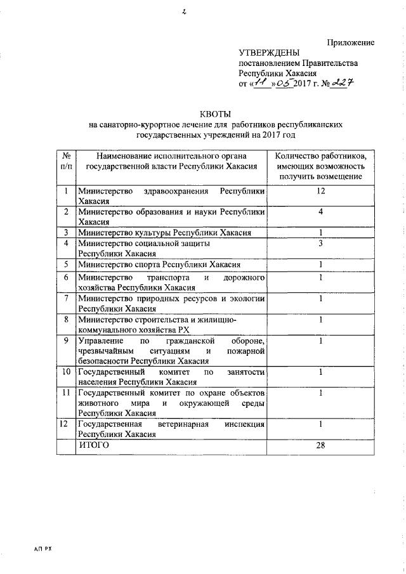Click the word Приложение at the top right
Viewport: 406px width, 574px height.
[x=350, y=42]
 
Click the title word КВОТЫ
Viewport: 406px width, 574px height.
[x=215, y=113]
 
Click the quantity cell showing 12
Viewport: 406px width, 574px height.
[x=321, y=191]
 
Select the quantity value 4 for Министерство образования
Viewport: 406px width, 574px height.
[x=321, y=211]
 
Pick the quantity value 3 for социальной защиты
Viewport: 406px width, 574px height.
[x=321, y=243]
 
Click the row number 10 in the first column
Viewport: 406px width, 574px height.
[x=65, y=372]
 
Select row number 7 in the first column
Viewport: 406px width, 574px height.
[x=65, y=299]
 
